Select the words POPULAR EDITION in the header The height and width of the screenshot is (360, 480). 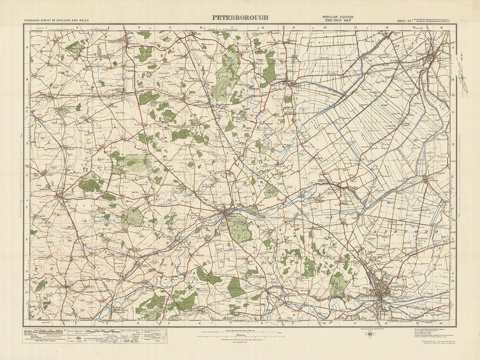pyautogui.click(x=338, y=17)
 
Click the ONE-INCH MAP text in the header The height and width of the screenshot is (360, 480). pyautogui.click(x=338, y=21)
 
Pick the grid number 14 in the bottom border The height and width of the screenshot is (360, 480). pyautogui.click(x=441, y=324)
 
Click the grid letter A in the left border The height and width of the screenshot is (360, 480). pyautogui.click(x=27, y=47)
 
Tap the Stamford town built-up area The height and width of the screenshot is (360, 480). pyautogui.click(x=228, y=213)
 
